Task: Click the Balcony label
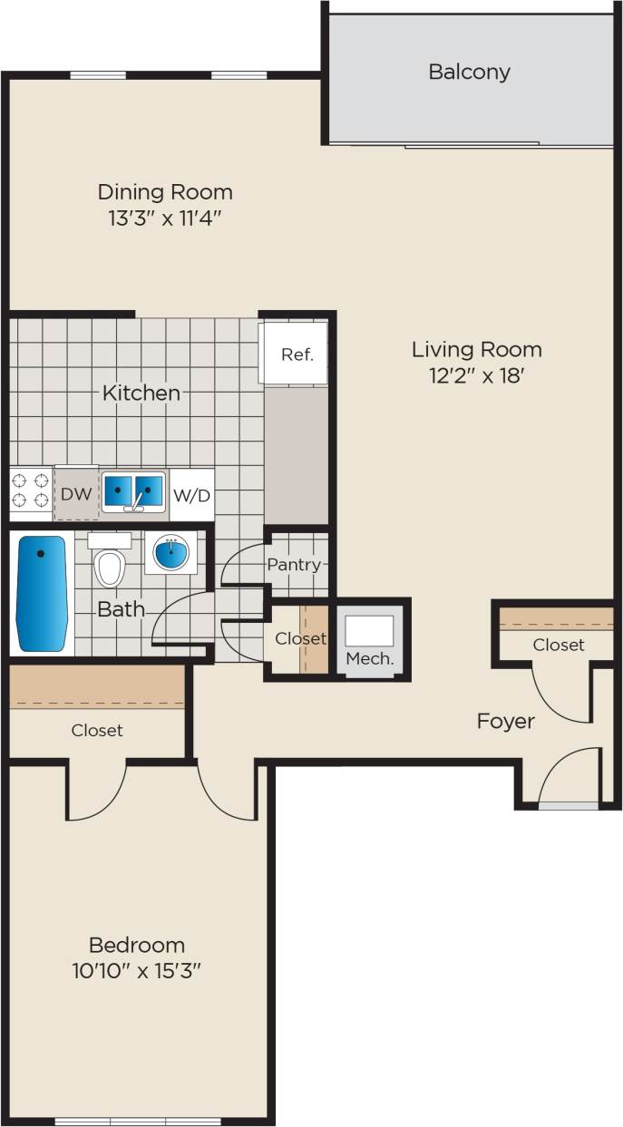tap(469, 72)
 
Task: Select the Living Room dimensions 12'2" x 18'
tap(476, 374)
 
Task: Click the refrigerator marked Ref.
tap(297, 355)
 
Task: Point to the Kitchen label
tap(141, 393)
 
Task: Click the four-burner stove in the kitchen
tap(30, 493)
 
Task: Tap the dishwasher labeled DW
tap(75, 494)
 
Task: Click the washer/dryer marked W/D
tap(192, 495)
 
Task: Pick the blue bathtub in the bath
tap(42, 593)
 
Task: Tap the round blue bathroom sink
tap(170, 552)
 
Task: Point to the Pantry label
tap(294, 565)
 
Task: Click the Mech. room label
tap(370, 659)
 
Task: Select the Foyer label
tap(506, 722)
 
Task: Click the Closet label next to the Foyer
tap(558, 645)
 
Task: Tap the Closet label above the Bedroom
tap(97, 730)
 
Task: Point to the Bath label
tap(121, 609)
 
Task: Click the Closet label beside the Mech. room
tap(300, 639)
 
